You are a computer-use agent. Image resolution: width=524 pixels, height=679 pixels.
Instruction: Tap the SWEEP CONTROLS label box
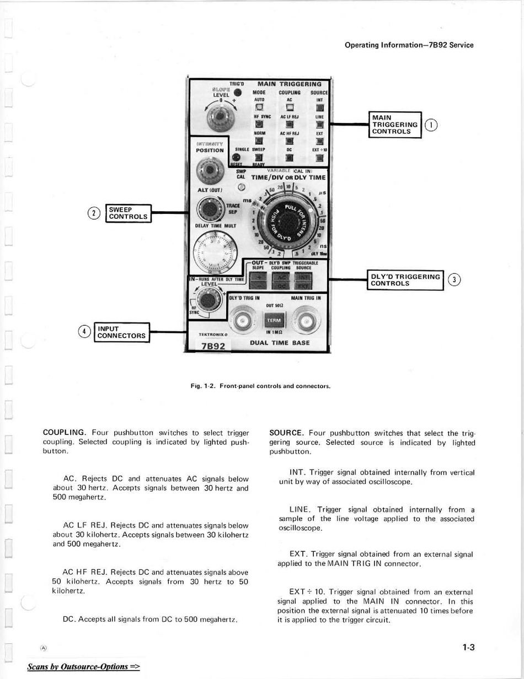pyautogui.click(x=128, y=213)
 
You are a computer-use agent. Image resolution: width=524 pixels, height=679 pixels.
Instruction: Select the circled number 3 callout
pyautogui.click(x=453, y=280)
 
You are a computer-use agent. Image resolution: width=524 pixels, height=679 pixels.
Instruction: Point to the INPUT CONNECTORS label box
pyautogui.click(x=121, y=332)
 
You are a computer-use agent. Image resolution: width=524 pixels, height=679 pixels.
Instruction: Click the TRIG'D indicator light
pyautogui.click(x=238, y=92)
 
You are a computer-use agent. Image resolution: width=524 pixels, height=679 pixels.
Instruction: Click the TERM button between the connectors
pyautogui.click(x=274, y=320)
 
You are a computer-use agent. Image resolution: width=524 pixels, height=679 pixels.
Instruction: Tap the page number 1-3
pyautogui.click(x=468, y=648)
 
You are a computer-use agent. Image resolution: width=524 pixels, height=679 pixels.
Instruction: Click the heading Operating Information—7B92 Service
pyautogui.click(x=409, y=45)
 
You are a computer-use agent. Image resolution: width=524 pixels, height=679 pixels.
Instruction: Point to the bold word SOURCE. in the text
pyautogui.click(x=286, y=433)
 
